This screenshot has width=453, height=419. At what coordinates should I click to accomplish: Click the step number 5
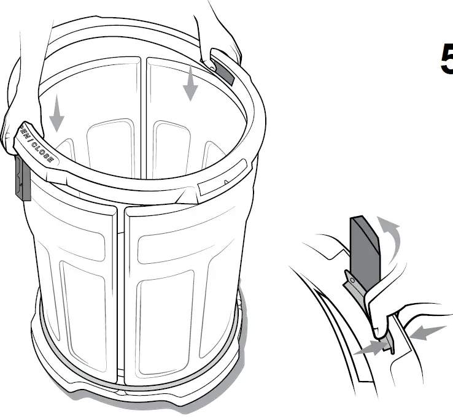pos(446,60)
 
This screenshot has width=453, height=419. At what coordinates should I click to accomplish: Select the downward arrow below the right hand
pos(191,83)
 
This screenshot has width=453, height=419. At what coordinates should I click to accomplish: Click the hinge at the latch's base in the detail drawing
pos(352,279)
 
